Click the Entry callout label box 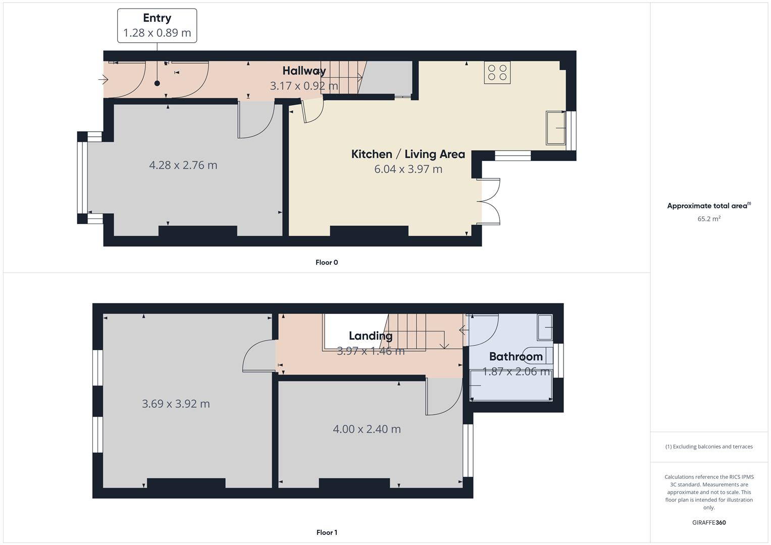(157, 26)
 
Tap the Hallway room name (304, 71)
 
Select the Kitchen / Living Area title (408, 154)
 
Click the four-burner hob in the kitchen (497, 73)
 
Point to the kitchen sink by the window (555, 128)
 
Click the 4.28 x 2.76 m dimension (183, 165)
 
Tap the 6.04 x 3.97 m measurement (408, 169)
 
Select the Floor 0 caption (327, 262)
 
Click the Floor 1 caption (327, 532)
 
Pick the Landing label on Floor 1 (371, 336)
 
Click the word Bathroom (516, 356)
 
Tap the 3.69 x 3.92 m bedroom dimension (176, 404)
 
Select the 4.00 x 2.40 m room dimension (367, 429)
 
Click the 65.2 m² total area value (709, 219)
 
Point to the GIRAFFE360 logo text (709, 522)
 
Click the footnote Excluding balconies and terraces (709, 447)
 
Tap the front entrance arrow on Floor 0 (104, 80)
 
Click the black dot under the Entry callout (157, 83)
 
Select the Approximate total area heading (709, 205)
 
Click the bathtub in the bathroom (511, 386)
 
